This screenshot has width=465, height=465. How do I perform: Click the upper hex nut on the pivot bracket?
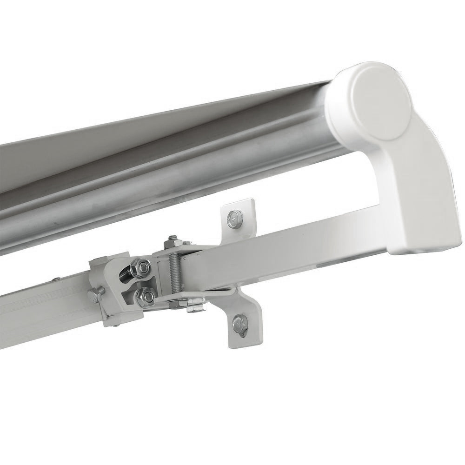(143, 266)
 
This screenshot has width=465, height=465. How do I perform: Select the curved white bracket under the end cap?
(418, 186)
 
